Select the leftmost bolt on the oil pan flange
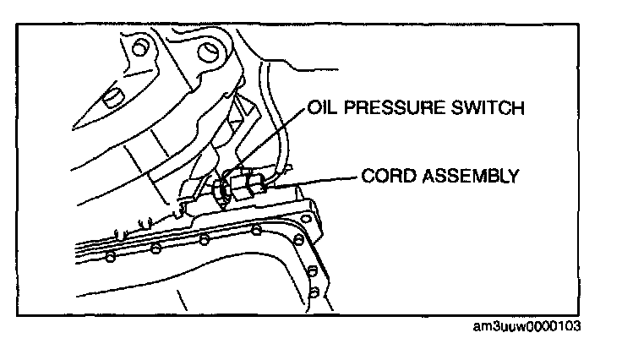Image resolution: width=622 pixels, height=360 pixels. click(111, 256)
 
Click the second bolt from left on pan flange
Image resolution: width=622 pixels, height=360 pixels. click(155, 248)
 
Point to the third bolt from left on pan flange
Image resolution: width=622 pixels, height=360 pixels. click(204, 239)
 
